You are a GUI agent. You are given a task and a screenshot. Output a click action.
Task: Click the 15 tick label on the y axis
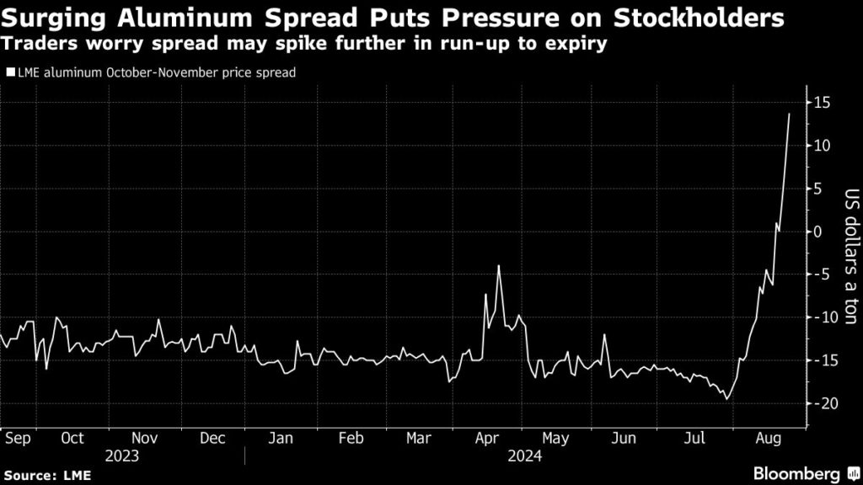pyautogui.click(x=823, y=103)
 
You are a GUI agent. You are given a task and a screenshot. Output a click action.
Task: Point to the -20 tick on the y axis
pyautogui.click(x=820, y=403)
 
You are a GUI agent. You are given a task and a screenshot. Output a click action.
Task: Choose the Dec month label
pyautogui.click(x=212, y=438)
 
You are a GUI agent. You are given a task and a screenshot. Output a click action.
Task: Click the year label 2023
pyautogui.click(x=122, y=456)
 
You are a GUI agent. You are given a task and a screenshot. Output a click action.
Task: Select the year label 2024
pyautogui.click(x=524, y=456)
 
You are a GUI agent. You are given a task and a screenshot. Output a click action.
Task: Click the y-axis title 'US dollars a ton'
pyautogui.click(x=850, y=253)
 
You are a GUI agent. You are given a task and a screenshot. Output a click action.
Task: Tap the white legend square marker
pyautogui.click(x=10, y=73)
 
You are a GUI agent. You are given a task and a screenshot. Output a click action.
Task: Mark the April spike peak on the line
pyautogui.click(x=499, y=266)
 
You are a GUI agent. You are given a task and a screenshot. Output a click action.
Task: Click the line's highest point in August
pyautogui.click(x=789, y=114)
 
